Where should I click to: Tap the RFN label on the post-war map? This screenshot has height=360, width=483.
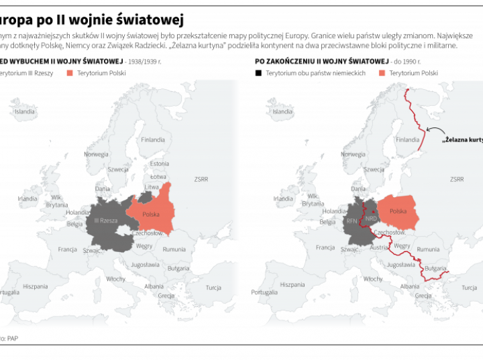point(352,221)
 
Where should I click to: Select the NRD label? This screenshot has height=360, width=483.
point(371,219)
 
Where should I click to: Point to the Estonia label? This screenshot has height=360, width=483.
point(159,163)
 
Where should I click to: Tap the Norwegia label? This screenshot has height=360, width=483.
point(96,154)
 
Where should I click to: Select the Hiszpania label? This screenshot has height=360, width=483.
point(36,286)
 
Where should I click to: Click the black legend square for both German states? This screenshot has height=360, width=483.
point(258,73)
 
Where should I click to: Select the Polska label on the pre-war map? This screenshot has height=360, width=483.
point(152,214)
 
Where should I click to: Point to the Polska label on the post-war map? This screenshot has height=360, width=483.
point(398,211)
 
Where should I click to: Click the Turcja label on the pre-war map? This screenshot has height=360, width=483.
point(213,288)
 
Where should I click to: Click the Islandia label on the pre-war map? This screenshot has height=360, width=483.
point(24,111)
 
